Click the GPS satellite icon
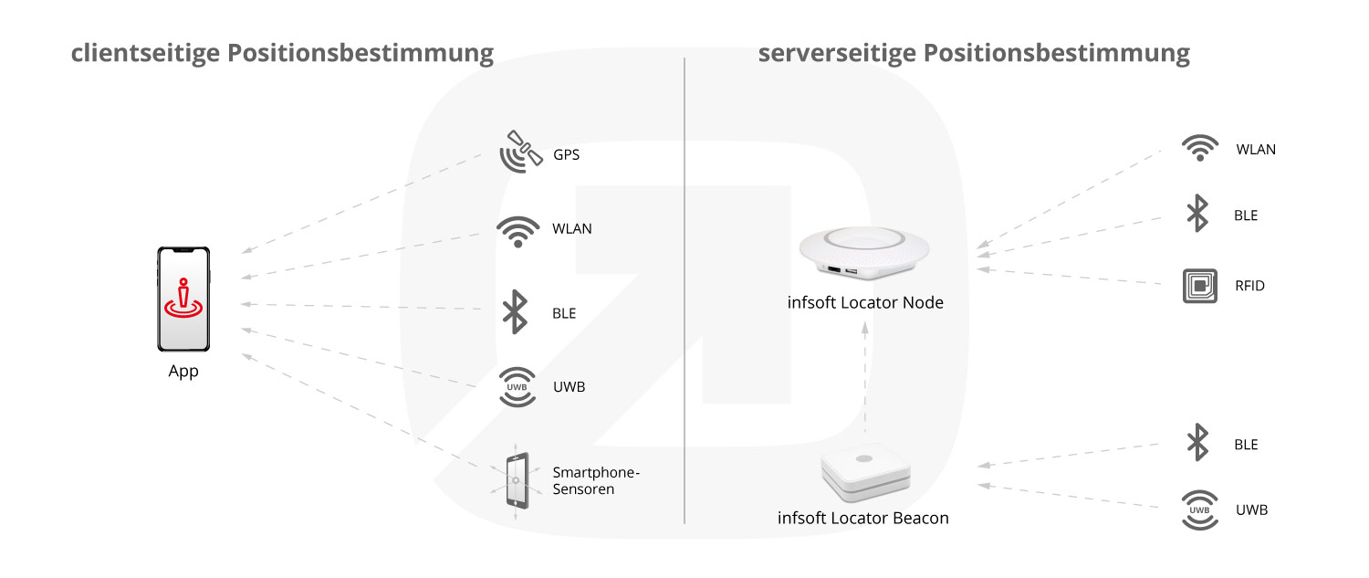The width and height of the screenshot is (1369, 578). [520, 152]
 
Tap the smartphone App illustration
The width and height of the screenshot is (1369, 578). [183, 300]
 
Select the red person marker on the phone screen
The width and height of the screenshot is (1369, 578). [183, 299]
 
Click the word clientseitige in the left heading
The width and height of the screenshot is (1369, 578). [145, 53]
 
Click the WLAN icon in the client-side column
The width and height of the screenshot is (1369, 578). [518, 231]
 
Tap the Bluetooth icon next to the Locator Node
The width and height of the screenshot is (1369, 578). [1197, 214]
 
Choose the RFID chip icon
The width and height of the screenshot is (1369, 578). [1200, 286]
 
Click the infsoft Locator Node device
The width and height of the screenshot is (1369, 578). [864, 253]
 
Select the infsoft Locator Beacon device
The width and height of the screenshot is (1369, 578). [865, 471]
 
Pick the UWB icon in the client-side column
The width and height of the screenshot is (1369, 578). [517, 386]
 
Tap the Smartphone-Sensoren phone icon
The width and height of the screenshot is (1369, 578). [517, 481]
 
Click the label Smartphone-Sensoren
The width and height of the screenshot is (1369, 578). [596, 480]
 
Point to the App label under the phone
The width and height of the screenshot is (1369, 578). [183, 372]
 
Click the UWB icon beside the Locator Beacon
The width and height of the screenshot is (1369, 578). [1200, 510]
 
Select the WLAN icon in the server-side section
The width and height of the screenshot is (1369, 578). [1200, 147]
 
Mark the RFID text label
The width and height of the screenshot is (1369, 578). [1249, 286]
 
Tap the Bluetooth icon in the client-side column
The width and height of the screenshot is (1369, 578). [516, 312]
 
